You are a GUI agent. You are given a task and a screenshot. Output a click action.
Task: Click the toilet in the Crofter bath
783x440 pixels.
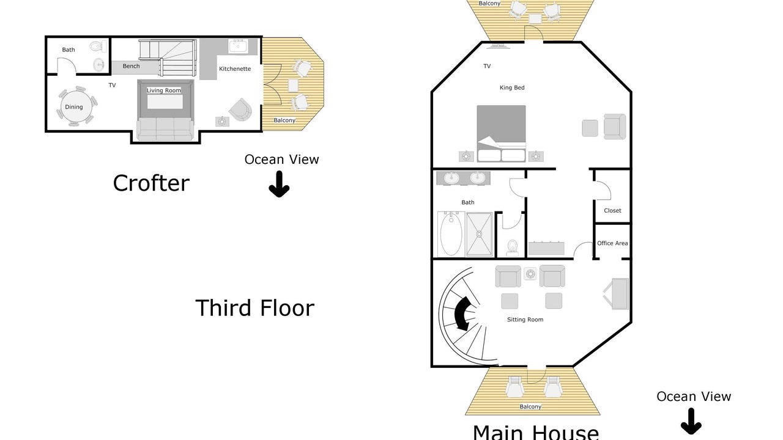(x=98, y=46)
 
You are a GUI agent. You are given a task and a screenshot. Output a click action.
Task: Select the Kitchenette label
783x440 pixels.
(x=235, y=69)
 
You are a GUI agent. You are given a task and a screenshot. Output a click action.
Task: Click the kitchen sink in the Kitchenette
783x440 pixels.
(x=238, y=46)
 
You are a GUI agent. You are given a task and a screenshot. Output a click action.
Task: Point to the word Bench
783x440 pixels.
(x=131, y=66)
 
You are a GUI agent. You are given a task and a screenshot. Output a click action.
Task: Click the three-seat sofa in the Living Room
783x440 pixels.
(x=165, y=129)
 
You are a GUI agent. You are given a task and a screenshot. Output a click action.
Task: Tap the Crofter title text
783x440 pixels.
(x=151, y=183)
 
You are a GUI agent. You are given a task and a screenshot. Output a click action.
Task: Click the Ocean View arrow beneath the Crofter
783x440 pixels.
(x=279, y=184)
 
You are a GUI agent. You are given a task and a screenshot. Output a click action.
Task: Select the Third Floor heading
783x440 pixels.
(x=255, y=308)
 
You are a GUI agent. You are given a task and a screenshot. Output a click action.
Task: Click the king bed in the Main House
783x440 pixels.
(x=501, y=133)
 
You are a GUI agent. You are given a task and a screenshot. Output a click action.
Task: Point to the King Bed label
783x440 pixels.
(x=512, y=87)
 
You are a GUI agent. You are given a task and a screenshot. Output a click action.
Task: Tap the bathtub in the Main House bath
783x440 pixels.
(x=451, y=233)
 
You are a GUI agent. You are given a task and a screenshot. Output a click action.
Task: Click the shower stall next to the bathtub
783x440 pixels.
(x=479, y=234)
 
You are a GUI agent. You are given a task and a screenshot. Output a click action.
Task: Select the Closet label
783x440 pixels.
(x=612, y=211)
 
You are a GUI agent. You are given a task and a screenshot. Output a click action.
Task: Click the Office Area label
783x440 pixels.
(x=612, y=243)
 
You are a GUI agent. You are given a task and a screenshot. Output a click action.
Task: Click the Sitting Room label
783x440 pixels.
(x=525, y=320)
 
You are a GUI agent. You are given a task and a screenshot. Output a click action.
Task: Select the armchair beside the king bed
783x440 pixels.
(x=615, y=127)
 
